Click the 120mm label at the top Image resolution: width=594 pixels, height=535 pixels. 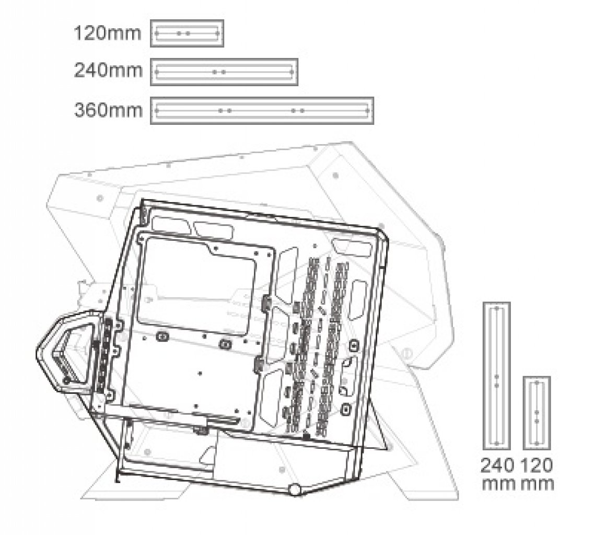[x=107, y=33]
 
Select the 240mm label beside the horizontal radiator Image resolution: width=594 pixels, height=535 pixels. [x=108, y=71]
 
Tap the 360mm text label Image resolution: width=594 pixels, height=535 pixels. [x=108, y=110]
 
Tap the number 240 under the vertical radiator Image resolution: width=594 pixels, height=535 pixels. [x=497, y=466]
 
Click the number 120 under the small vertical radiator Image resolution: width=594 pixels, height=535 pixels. [x=537, y=466]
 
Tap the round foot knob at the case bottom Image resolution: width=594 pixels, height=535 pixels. [x=295, y=490]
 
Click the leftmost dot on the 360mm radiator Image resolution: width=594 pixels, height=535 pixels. [x=156, y=111]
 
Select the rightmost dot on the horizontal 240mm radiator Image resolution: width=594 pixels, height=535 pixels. [x=292, y=72]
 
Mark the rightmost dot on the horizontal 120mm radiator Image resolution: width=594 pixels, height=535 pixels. [x=217, y=33]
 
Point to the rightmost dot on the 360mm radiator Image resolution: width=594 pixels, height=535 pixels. [x=367, y=111]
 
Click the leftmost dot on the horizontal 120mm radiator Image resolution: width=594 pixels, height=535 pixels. [x=156, y=33]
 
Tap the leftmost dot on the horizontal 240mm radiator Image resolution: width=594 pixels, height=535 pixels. [x=156, y=72]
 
